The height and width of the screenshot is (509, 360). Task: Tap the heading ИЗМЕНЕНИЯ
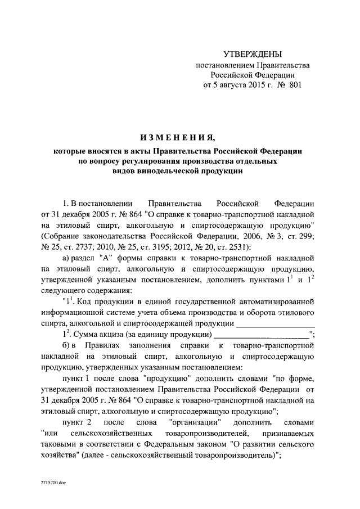coord(178,137)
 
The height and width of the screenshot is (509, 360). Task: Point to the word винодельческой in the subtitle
coord(170,172)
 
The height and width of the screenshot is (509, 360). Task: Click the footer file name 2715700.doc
coord(54,483)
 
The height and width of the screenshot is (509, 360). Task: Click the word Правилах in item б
coord(105,345)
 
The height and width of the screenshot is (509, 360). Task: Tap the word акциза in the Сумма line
coord(111,334)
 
